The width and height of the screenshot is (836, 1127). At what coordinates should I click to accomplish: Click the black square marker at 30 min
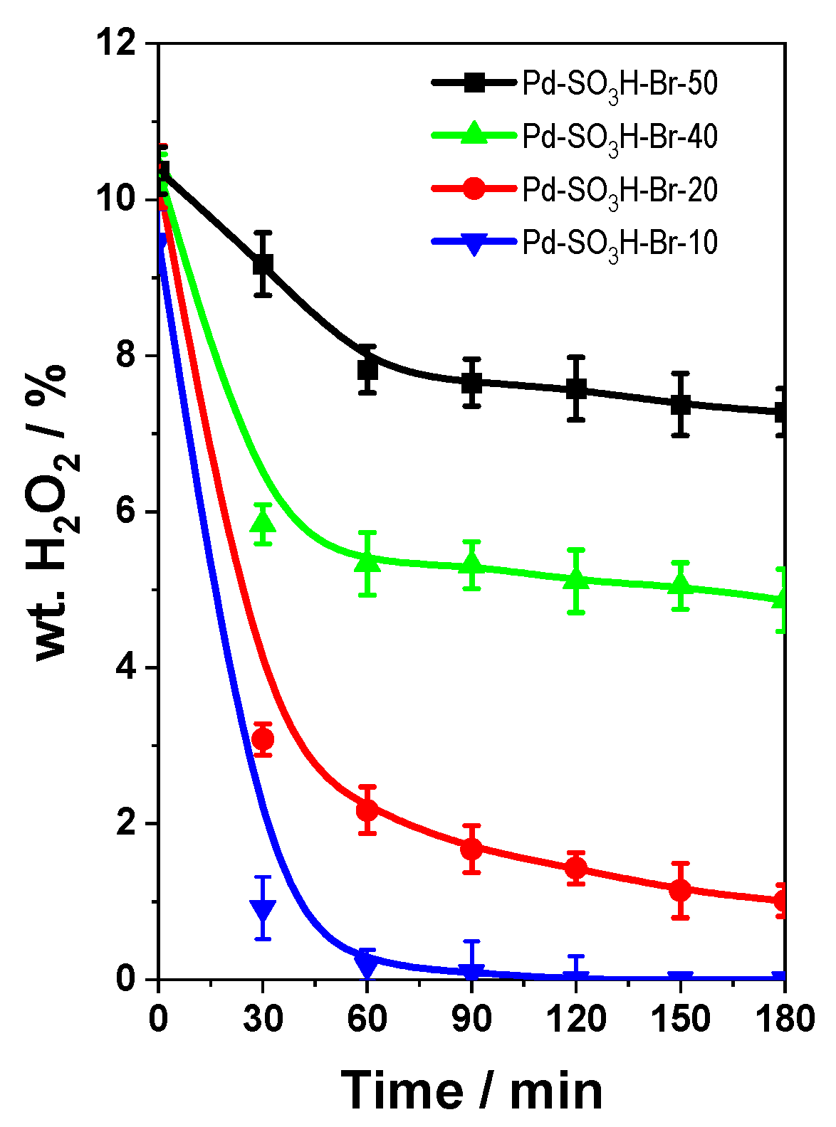263,264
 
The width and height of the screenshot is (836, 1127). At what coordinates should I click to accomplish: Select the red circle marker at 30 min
263,740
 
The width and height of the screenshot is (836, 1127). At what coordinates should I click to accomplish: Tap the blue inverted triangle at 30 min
263,909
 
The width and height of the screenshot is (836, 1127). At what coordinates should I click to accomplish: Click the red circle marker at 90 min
471,849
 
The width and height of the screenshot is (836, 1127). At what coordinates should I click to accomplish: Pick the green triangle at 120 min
576,580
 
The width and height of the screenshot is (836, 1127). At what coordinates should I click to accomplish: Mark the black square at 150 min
680,404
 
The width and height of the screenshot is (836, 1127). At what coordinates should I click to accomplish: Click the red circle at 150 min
680,890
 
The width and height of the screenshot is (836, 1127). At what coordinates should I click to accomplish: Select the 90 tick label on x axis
471,1019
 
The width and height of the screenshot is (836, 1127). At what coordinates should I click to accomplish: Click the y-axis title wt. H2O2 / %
57,512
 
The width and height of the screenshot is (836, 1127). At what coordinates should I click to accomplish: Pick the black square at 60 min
367,369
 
